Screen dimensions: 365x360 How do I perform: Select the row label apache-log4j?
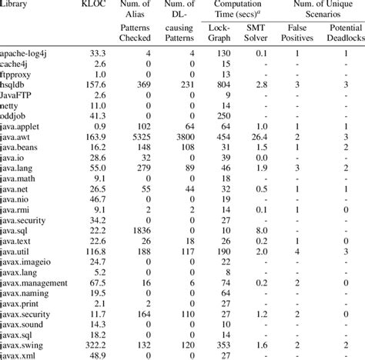[26, 52]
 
